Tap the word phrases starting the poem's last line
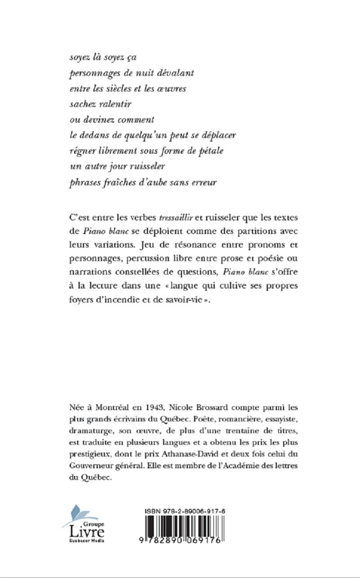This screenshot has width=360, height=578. (x=84, y=182)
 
